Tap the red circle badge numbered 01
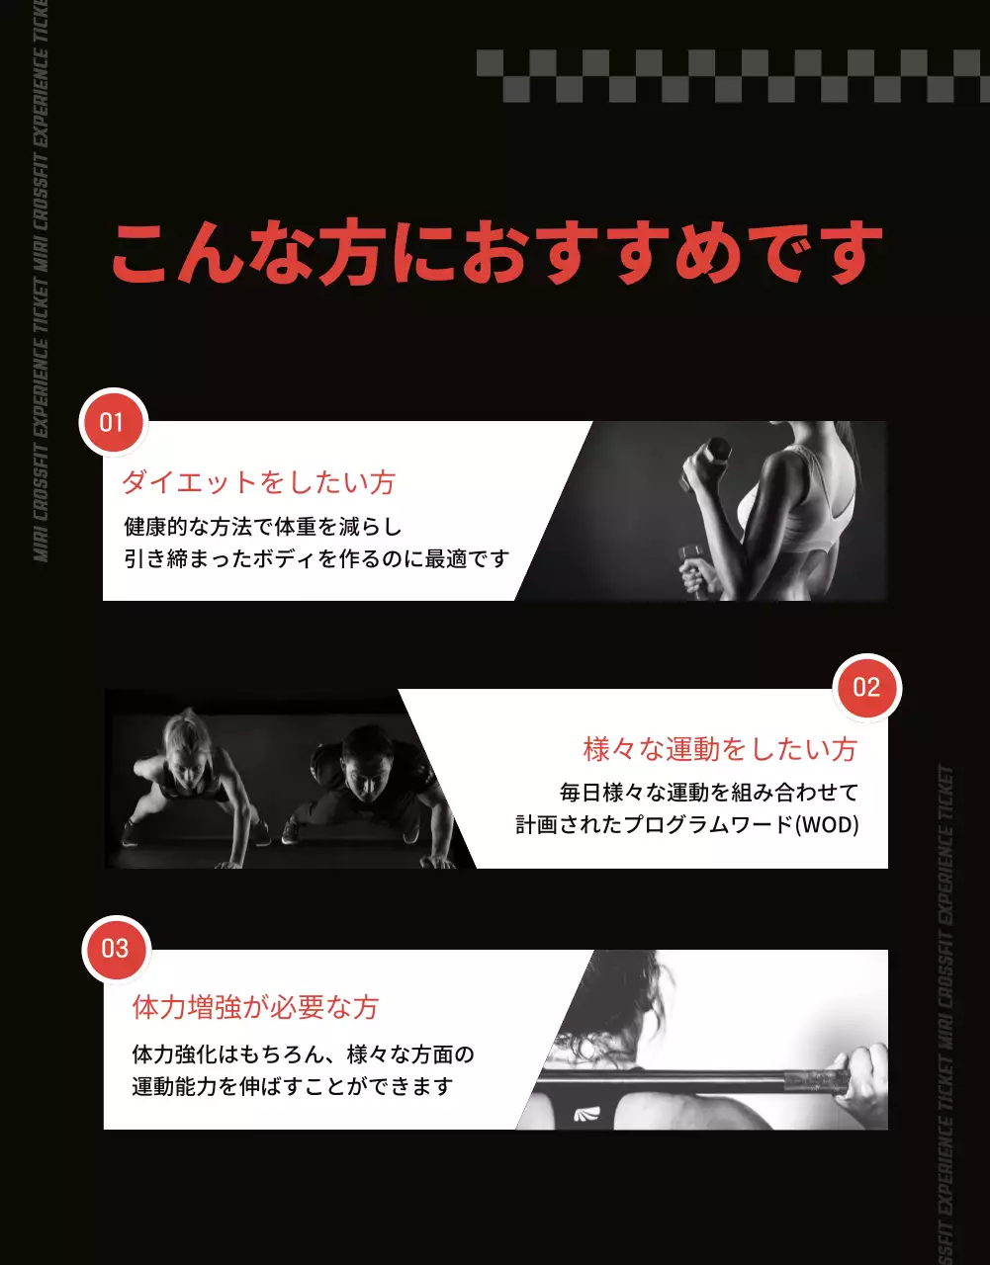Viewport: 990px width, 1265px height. click(x=113, y=423)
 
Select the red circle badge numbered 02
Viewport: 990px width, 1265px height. click(x=866, y=688)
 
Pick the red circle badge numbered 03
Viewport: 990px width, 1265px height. click(x=116, y=950)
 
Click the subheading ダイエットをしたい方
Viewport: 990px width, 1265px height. click(x=258, y=482)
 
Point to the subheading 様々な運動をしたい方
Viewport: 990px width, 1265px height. click(x=719, y=749)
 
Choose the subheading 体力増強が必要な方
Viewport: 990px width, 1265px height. click(x=255, y=1007)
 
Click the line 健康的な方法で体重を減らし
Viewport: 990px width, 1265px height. click(x=262, y=526)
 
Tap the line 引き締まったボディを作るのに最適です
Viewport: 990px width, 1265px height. click(x=316, y=559)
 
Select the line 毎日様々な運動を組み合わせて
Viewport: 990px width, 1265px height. click(x=708, y=793)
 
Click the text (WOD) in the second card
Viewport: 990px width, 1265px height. click(x=827, y=825)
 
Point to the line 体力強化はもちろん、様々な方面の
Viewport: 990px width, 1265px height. click(x=303, y=1054)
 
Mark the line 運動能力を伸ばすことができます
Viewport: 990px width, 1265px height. click(x=293, y=1087)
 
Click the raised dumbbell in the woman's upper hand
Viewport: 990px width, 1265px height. click(x=707, y=461)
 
